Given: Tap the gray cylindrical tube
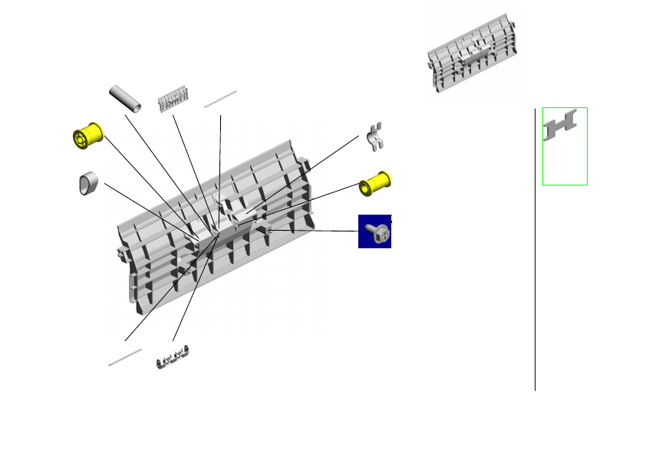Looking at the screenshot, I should tap(127, 98).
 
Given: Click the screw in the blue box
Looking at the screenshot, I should tap(375, 231).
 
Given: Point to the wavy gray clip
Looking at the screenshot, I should tap(376, 135).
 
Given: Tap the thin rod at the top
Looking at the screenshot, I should tap(221, 99).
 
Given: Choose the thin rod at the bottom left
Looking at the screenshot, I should tap(125, 356).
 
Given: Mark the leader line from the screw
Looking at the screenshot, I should tap(315, 230).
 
